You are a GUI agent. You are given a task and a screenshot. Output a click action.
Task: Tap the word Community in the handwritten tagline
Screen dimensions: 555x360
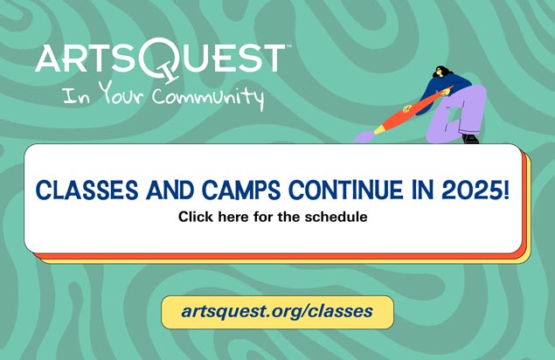click(208, 98)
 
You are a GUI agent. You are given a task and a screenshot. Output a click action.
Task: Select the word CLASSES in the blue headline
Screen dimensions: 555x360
click(87, 190)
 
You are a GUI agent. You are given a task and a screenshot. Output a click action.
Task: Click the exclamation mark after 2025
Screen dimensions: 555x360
click(505, 190)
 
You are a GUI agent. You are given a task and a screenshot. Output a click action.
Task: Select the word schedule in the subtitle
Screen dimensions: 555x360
click(336, 217)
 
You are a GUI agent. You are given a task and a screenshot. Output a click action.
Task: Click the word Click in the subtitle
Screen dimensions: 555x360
click(196, 217)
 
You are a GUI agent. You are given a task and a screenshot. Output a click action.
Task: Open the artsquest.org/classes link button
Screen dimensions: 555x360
click(278, 312)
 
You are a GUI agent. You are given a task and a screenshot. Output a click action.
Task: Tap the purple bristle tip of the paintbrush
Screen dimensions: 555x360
click(364, 136)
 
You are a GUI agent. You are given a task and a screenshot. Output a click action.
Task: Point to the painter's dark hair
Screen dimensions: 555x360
click(443, 72)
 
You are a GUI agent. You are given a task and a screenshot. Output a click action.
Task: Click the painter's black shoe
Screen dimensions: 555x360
click(470, 138)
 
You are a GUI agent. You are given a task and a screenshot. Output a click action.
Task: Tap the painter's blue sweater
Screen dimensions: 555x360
click(447, 88)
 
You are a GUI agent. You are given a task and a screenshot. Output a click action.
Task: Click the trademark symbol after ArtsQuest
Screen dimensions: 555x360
click(288, 45)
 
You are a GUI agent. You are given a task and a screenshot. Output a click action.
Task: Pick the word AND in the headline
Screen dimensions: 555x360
click(170, 190)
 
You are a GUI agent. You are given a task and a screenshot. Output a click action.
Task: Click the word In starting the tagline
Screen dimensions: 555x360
click(76, 96)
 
